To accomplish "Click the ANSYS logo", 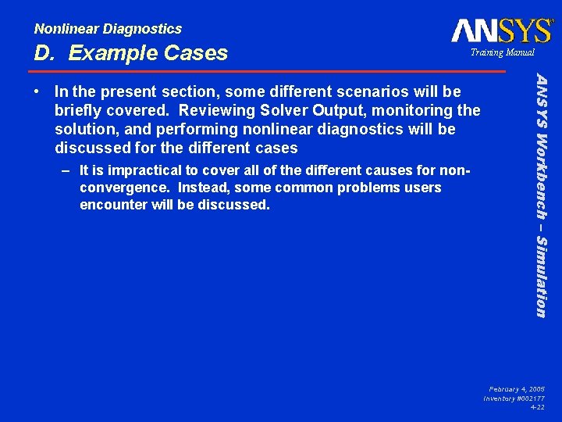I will coord(502,30).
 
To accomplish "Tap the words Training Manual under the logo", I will coord(502,52).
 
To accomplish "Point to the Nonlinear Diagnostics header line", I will coord(108,29).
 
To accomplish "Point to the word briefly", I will coord(79,111).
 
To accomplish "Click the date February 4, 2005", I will coord(517,388).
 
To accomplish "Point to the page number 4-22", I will coord(537,407).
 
